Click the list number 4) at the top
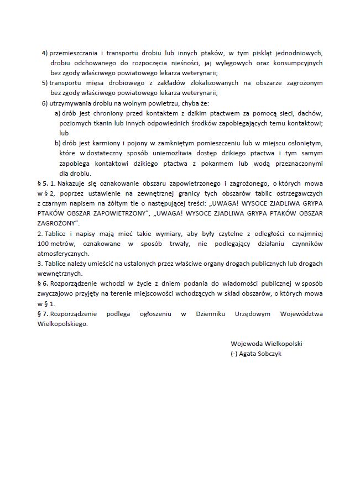pyautogui.click(x=45, y=53)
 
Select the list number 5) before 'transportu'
pyautogui.click(x=45, y=83)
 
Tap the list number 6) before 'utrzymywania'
pyautogui.click(x=45, y=103)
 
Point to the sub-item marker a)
pyautogui.click(x=58, y=113)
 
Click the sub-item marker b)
pyautogui.click(x=58, y=143)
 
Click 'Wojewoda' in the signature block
pyautogui.click(x=246, y=344)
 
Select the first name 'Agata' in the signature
pyautogui.click(x=250, y=354)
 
